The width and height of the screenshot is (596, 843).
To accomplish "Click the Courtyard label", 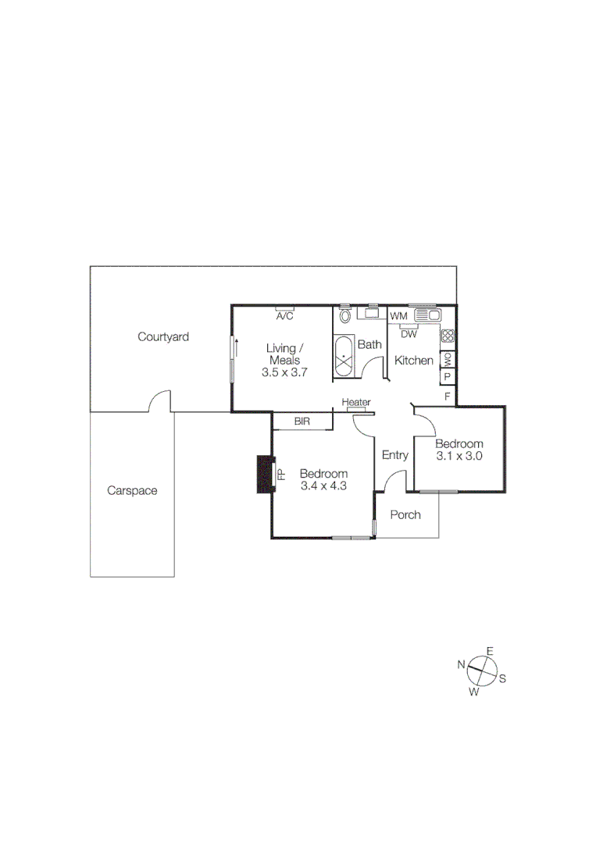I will tap(163, 337).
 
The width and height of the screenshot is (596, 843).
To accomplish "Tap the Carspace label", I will tap(132, 491).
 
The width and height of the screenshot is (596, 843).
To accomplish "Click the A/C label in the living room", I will tap(284, 316).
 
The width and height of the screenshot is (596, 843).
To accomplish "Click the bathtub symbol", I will tap(344, 357).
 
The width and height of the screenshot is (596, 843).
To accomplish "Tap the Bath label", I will tap(369, 344).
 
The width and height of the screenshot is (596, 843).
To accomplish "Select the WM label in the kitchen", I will tap(399, 315).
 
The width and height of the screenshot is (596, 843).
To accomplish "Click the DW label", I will tap(409, 334).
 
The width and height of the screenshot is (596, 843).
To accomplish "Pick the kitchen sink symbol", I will tap(428, 315).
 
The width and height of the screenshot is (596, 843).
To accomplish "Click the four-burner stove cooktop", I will tap(448, 336).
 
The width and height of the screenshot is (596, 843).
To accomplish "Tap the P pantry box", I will tap(448, 377).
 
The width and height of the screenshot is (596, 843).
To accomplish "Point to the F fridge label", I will tap(448, 396).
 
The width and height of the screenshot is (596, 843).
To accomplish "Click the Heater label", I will tap(355, 403).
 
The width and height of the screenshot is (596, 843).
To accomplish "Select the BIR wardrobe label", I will tap(302, 421).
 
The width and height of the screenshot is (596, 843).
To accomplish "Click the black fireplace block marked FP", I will tap(266, 475).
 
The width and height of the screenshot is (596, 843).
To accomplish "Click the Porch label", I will tap(405, 514).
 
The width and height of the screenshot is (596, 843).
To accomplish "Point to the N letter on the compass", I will tap(462, 664).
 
